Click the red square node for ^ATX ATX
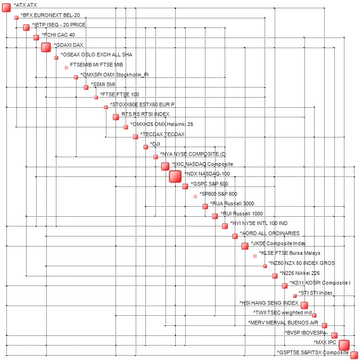click(6, 7)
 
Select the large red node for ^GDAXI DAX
click(46, 47)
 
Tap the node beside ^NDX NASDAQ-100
click(175, 176)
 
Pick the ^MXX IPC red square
click(344, 345)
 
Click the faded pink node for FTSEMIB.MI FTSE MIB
click(66, 67)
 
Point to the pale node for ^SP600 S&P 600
click(195, 197)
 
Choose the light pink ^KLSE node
click(255, 256)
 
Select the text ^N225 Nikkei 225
click(299, 273)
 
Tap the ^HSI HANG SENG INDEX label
click(268, 303)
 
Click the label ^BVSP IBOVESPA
click(305, 333)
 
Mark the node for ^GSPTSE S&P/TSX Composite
click(354, 355)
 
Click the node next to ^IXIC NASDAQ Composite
click(165, 166)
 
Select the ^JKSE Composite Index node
click(245, 246)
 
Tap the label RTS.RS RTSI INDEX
click(145, 114)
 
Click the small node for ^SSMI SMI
click(86, 87)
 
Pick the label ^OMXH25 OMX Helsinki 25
click(161, 124)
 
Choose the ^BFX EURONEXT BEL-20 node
click(17, 17)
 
